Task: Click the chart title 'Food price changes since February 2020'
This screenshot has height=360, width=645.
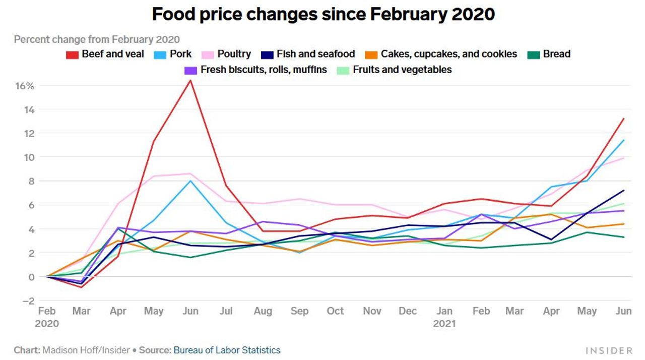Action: tap(323, 14)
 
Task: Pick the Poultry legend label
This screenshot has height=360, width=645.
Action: tap(234, 54)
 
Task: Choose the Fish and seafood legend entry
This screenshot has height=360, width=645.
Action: tap(308, 54)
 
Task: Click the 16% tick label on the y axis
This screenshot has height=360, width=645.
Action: tap(24, 86)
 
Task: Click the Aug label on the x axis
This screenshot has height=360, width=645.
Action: tap(263, 312)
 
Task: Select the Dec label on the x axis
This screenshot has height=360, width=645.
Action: tap(408, 312)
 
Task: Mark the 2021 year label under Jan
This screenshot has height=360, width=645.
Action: tap(444, 324)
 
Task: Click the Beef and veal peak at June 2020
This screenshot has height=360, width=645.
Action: tap(190, 80)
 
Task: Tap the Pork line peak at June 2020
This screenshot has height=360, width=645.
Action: tap(190, 181)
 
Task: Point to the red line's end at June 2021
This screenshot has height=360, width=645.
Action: tap(624, 119)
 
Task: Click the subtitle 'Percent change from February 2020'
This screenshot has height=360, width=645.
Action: tap(97, 39)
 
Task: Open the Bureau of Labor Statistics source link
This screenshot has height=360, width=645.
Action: tap(227, 350)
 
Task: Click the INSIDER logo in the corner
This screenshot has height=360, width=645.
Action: tap(609, 350)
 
